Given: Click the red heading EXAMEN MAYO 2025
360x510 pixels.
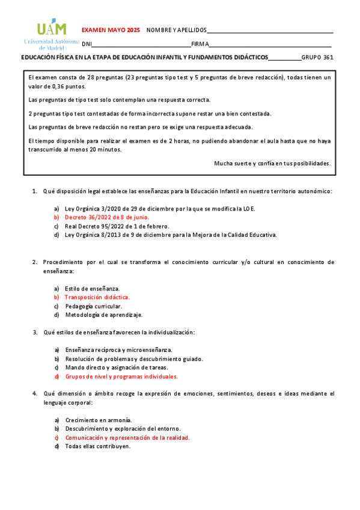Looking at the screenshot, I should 110,29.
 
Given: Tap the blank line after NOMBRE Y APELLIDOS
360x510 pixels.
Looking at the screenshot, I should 270,31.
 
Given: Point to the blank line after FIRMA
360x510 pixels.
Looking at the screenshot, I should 270,44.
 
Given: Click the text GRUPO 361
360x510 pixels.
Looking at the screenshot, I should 317,58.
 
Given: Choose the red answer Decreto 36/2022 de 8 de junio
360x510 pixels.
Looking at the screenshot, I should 107,217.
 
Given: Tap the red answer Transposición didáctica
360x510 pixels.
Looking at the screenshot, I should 97,297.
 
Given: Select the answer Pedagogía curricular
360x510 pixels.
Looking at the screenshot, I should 93,306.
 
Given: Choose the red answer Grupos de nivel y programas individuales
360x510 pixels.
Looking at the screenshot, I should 121,376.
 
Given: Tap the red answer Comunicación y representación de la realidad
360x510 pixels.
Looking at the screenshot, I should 127,438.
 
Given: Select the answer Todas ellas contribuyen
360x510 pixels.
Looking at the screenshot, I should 97,446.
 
